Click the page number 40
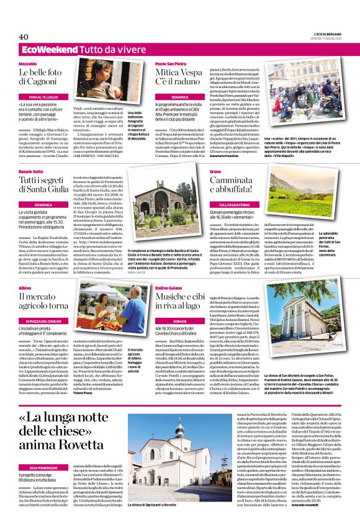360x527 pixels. click(24, 37)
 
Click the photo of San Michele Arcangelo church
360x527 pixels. click(304, 323)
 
